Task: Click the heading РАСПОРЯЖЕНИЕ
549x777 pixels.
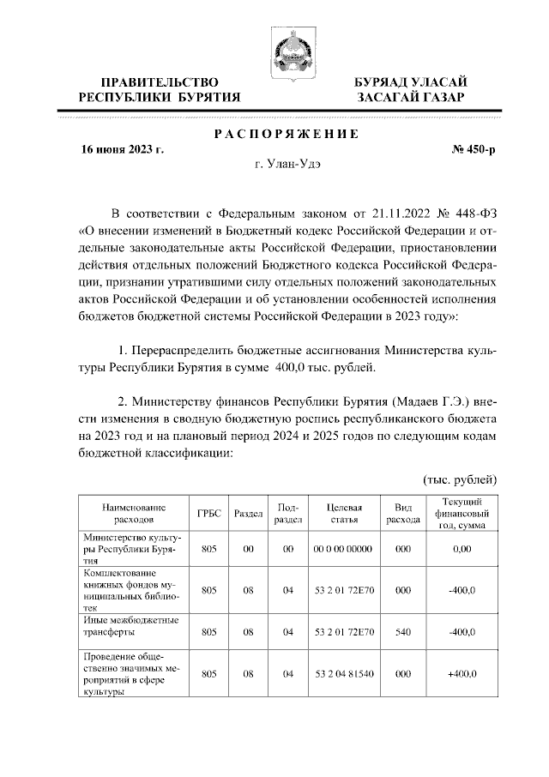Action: [x=285, y=133]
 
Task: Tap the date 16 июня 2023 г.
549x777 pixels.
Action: [x=121, y=149]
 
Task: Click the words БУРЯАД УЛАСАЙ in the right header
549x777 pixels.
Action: [x=411, y=81]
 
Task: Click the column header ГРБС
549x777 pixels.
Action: [x=208, y=513]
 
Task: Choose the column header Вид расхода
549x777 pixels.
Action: [x=402, y=513]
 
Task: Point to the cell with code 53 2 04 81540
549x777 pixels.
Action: [x=339, y=674]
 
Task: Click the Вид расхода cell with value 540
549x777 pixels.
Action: [x=402, y=632]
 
